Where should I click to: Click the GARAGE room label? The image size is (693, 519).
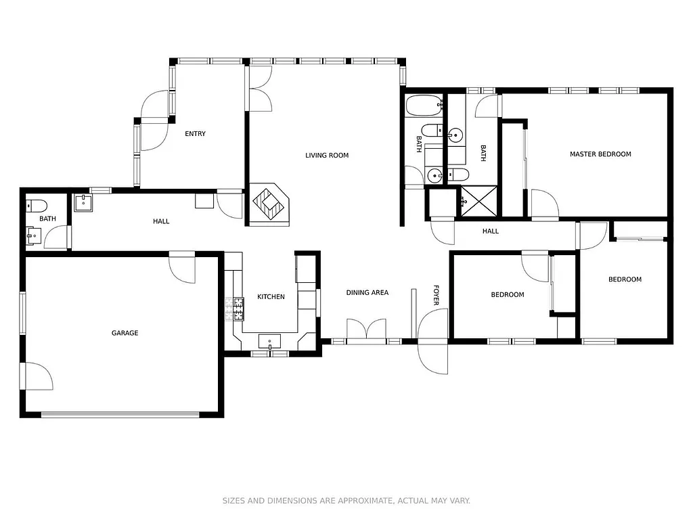point(125,333)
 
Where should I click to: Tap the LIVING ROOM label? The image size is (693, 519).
point(327,156)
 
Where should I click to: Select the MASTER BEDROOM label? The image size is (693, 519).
point(600,154)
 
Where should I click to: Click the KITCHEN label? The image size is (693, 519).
point(271,297)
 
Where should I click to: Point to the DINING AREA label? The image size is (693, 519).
point(367,293)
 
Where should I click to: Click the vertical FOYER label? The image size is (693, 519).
point(436,294)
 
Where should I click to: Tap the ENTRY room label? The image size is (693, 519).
point(195,134)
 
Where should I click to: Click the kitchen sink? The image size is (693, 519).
point(270,342)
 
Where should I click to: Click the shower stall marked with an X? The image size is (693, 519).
point(477,202)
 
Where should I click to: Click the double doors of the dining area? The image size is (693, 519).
point(366,330)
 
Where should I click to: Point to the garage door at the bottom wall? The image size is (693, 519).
point(120,414)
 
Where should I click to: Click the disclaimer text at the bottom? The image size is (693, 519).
point(346,501)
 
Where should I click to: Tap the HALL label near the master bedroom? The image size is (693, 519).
point(490,231)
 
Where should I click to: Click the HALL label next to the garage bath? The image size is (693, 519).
point(161,221)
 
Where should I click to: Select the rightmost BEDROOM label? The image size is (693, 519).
point(624,279)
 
